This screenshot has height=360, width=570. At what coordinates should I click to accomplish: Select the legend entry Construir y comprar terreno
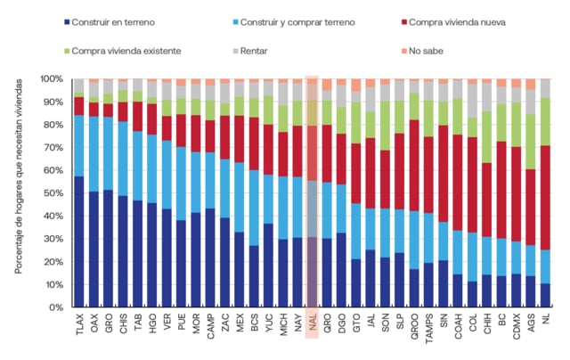[289, 20]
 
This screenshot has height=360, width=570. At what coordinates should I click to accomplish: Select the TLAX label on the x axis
[78, 325]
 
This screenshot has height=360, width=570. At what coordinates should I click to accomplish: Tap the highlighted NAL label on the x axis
[312, 323]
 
